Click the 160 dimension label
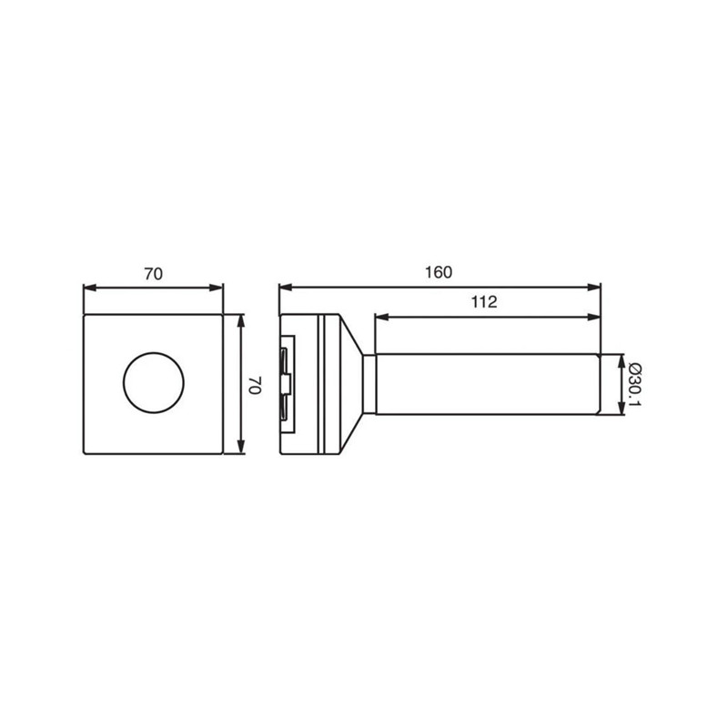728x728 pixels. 439,272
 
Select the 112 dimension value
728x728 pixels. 484,302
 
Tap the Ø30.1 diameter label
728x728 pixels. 634,385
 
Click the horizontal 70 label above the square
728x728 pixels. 153,274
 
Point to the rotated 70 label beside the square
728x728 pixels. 255,385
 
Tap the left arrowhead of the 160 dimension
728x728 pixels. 286,288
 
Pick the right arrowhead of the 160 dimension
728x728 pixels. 594,288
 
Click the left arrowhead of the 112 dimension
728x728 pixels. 381,317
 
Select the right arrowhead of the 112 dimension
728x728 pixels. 594,317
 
